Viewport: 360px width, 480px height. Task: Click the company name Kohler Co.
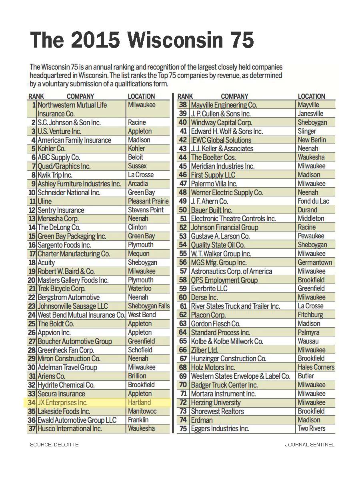(x=52, y=149)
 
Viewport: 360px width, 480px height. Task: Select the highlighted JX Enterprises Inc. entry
(x=62, y=403)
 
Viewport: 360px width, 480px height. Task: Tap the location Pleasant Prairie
(x=148, y=201)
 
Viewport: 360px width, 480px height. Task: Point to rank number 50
(x=183, y=210)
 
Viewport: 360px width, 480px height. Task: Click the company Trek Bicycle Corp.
(x=62, y=289)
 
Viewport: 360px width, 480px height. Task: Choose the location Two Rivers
(x=311, y=428)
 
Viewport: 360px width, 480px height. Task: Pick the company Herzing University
(x=216, y=403)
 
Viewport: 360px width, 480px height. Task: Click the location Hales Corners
(x=316, y=367)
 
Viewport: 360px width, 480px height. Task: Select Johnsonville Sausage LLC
(x=73, y=306)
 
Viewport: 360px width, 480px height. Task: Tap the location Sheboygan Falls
(x=148, y=306)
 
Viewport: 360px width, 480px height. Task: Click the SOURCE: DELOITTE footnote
(x=54, y=444)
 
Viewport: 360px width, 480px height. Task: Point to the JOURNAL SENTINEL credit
(x=310, y=444)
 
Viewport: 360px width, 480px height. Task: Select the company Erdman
(x=202, y=420)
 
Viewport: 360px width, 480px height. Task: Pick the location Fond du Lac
(x=313, y=201)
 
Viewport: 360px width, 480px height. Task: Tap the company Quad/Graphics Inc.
(x=64, y=166)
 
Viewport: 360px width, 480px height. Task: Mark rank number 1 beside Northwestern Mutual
(x=34, y=105)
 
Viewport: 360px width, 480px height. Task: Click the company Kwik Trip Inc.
(x=55, y=175)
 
